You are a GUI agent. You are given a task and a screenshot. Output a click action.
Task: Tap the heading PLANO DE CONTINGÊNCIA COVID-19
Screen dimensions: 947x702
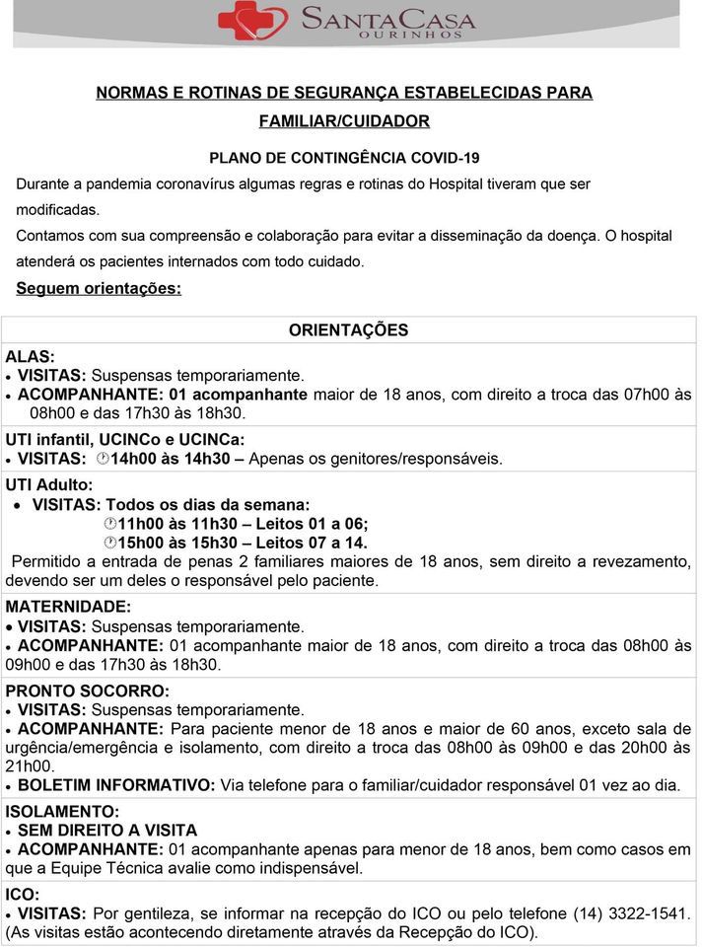point(344,158)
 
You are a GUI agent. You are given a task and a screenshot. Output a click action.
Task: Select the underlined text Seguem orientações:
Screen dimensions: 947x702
point(99,289)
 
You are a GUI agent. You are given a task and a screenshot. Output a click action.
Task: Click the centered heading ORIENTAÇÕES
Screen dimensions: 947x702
point(348,330)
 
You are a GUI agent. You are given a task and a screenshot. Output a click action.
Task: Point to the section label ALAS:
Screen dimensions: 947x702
point(31,357)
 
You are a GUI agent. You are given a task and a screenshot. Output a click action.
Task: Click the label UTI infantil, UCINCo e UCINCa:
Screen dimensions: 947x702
point(125,439)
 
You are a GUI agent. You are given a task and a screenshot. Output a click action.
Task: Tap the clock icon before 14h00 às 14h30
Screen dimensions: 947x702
point(105,459)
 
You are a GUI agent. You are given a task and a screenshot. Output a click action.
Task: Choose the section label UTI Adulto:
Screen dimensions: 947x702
point(49,485)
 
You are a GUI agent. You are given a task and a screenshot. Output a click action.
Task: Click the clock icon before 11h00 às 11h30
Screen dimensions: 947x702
point(110,524)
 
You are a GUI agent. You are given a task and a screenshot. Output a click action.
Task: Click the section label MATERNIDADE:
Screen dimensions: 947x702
point(67,607)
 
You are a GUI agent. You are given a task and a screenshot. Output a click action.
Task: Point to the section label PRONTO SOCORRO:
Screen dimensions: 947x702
point(88,691)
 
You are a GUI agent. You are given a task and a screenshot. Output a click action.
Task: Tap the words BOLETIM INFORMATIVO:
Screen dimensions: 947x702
point(116,785)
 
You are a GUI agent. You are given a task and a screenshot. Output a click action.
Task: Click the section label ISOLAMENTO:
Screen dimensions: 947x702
point(62,812)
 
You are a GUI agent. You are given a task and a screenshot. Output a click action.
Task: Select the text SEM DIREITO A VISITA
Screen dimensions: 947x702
point(107,831)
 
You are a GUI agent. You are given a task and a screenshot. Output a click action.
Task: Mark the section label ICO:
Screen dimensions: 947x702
point(23,895)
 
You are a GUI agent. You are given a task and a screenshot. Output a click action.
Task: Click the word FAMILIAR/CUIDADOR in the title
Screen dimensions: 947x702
point(344,121)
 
